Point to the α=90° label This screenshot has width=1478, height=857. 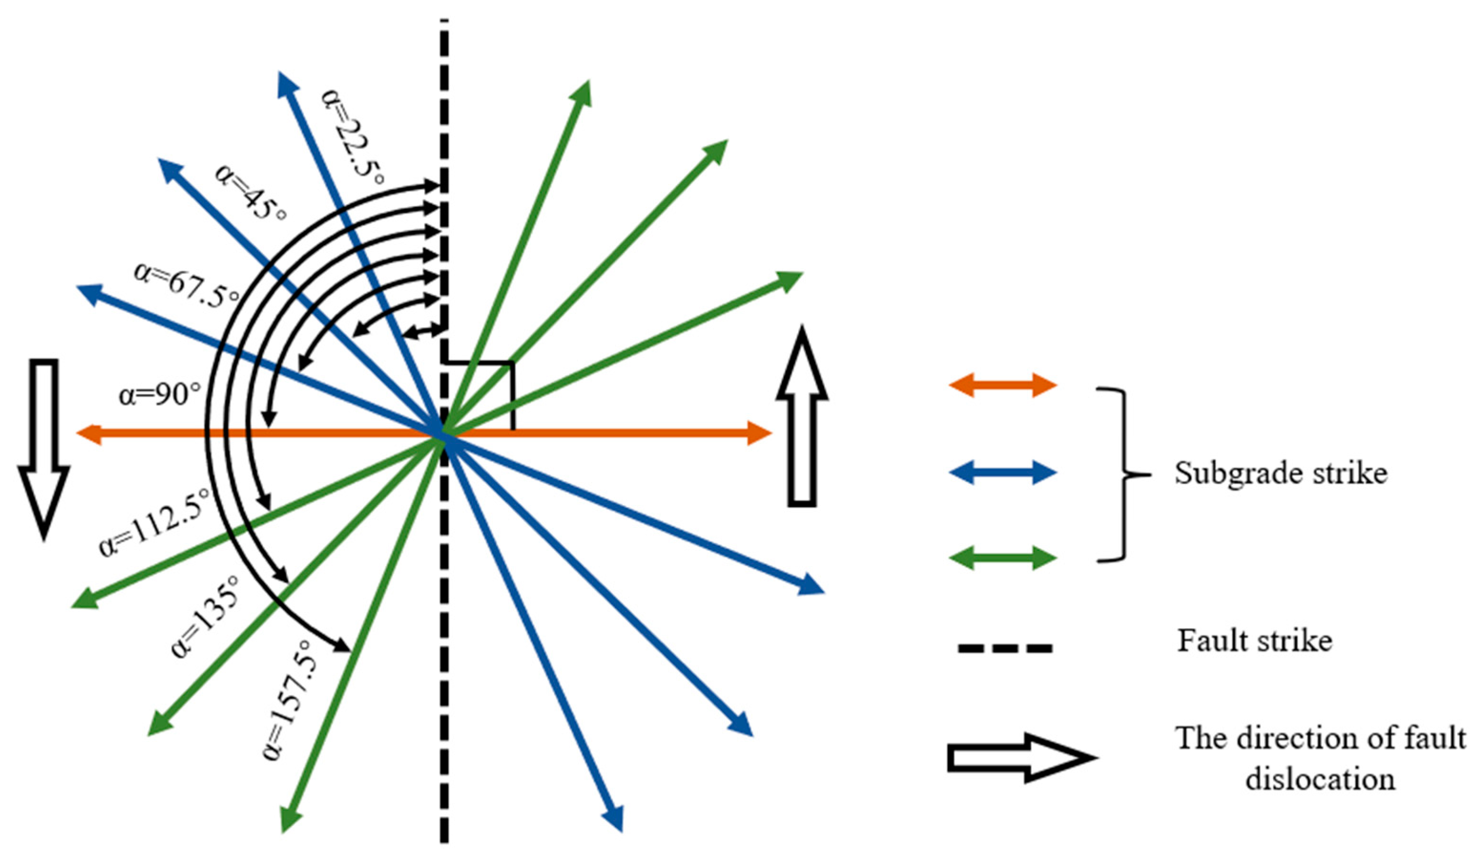click(x=160, y=394)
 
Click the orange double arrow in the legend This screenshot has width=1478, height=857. click(x=1002, y=385)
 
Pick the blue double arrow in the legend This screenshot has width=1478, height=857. click(x=1002, y=472)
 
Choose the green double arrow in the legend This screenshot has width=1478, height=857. click(x=1002, y=558)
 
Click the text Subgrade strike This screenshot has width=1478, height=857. click(x=1280, y=473)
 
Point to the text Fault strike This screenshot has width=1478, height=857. click(x=1254, y=640)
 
